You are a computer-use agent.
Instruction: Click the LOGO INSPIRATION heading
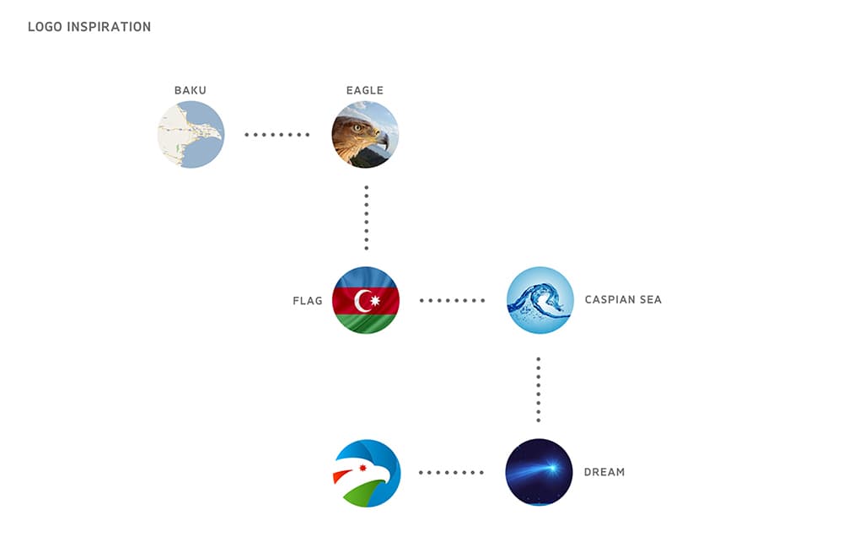click(x=89, y=27)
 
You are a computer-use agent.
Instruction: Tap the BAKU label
click(x=191, y=90)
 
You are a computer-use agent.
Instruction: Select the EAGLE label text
click(x=365, y=90)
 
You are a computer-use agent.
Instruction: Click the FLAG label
click(x=308, y=301)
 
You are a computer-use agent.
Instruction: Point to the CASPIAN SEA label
click(x=623, y=300)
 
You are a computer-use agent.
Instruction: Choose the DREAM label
click(x=604, y=473)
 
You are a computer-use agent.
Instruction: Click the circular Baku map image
click(x=191, y=135)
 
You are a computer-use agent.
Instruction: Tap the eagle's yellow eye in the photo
click(x=357, y=128)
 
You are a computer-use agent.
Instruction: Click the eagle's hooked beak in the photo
click(x=382, y=140)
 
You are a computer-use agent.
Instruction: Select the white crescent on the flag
click(x=360, y=301)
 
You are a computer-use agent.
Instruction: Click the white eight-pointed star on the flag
click(x=375, y=301)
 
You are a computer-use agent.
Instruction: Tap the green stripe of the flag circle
click(x=366, y=324)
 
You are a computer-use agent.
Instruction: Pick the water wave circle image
click(x=540, y=301)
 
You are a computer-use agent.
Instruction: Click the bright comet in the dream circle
click(x=550, y=469)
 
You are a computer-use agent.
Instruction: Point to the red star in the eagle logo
click(x=362, y=468)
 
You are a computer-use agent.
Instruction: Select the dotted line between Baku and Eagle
click(x=277, y=135)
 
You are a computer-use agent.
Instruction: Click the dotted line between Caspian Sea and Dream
click(x=539, y=389)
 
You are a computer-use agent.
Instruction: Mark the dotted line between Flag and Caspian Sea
click(x=452, y=301)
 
